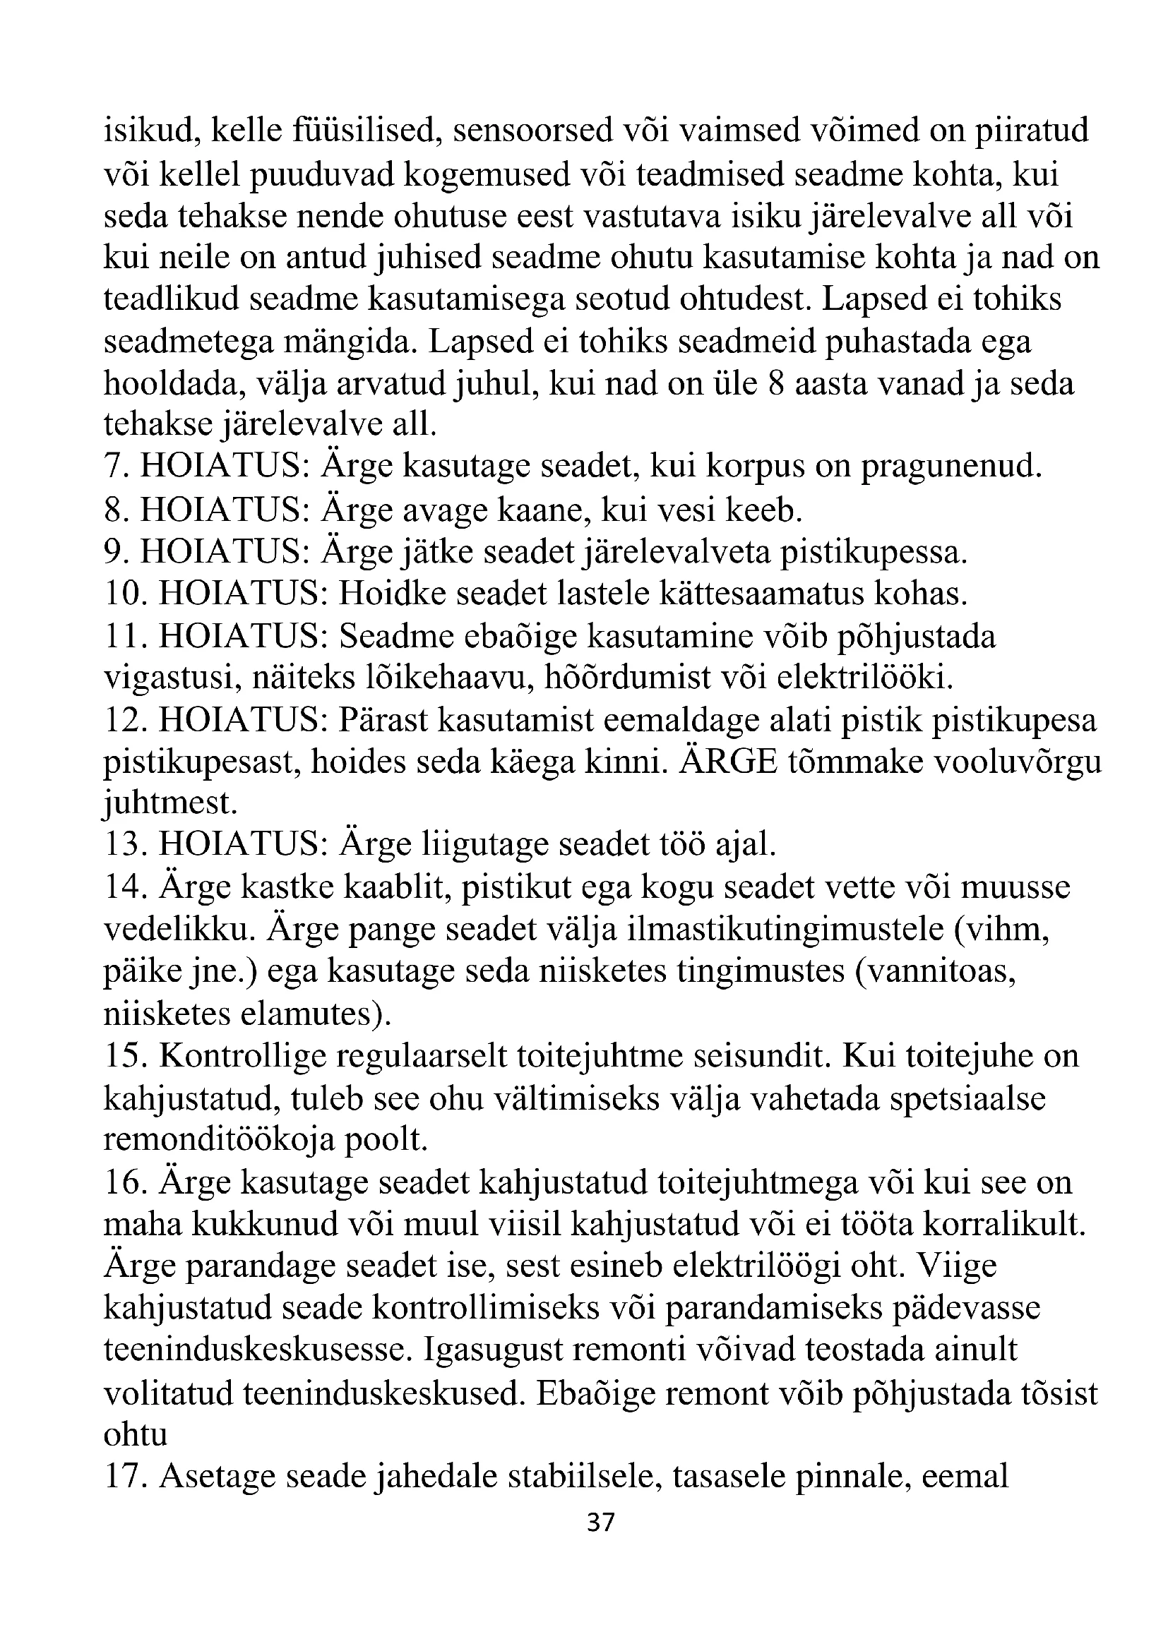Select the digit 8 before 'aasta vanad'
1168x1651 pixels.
click(x=775, y=383)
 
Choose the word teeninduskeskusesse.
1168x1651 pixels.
click(x=256, y=1350)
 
